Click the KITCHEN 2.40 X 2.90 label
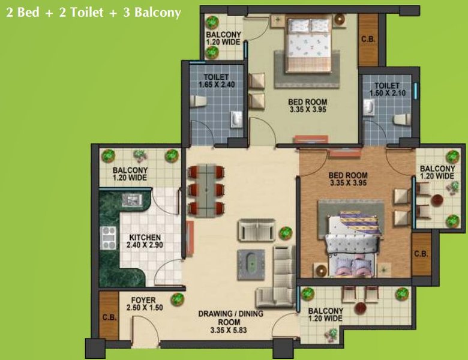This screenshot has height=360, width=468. pyautogui.click(x=145, y=241)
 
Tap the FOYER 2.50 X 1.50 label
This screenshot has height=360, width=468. pyautogui.click(x=145, y=304)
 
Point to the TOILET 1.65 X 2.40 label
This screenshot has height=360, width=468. pyautogui.click(x=217, y=81)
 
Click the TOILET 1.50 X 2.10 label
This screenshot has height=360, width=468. pyautogui.click(x=388, y=89)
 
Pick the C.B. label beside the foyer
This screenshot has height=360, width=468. pyautogui.click(x=110, y=317)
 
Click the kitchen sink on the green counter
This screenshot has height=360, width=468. pyautogui.click(x=132, y=200)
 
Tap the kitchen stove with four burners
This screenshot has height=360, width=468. pyautogui.click(x=109, y=238)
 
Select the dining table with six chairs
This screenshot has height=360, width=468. pyautogui.click(x=206, y=191)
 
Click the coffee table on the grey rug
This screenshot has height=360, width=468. pyautogui.click(x=251, y=264)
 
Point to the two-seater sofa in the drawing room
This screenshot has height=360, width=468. pyautogui.click(x=257, y=230)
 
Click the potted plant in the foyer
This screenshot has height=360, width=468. pyautogui.click(x=177, y=299)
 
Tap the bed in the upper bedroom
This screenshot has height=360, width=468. pyautogui.click(x=308, y=45)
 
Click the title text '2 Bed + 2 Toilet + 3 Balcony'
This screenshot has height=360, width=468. pyautogui.click(x=94, y=13)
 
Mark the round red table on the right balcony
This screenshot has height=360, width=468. pyautogui.click(x=437, y=199)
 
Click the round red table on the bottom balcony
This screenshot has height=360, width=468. pyautogui.click(x=360, y=307)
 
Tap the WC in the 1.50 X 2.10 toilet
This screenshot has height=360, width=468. pyautogui.click(x=402, y=119)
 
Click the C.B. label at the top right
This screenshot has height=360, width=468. pyautogui.click(x=368, y=39)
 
